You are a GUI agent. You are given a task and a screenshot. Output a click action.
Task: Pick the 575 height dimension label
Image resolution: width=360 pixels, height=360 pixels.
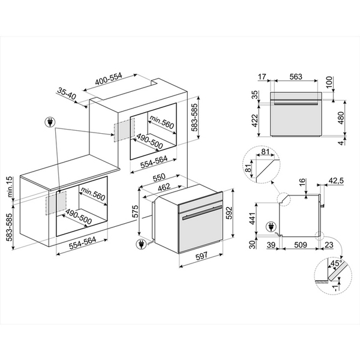click(135, 212)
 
